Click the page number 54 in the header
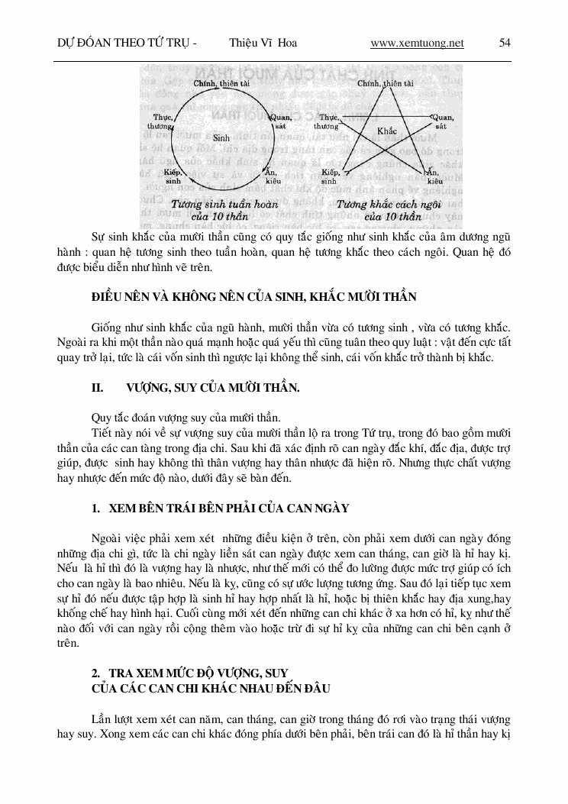point(505,43)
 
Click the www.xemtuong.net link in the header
point(417,43)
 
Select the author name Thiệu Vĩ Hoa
point(263,43)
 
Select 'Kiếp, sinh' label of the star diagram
point(331,177)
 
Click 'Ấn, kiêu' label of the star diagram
point(435,177)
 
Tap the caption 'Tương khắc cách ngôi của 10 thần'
point(383,210)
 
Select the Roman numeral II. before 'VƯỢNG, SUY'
point(97,388)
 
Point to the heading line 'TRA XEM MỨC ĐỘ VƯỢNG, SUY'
point(196,673)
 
